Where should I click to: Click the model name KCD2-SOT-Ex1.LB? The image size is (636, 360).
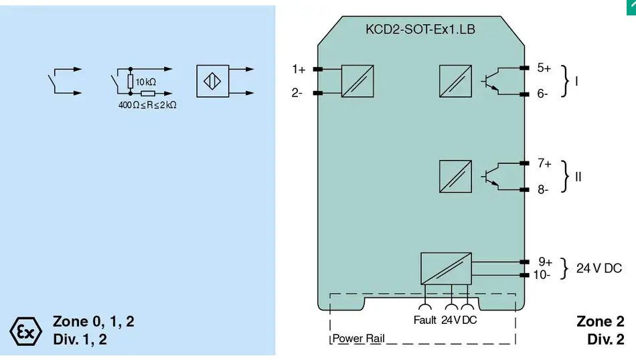tap(420, 29)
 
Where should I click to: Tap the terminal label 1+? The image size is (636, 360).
tap(299, 70)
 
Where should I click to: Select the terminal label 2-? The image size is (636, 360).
tap(297, 93)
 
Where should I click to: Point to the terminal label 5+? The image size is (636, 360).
tap(544, 68)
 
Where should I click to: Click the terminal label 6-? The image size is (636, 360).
tap(542, 94)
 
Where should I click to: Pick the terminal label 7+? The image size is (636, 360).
tap(544, 163)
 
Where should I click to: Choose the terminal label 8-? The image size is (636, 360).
tap(543, 189)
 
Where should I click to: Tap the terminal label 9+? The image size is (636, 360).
tap(545, 262)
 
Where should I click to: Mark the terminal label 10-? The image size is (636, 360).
tap(542, 275)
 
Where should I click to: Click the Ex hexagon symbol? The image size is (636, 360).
tap(25, 331)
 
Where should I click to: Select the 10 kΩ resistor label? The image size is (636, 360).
tap(146, 82)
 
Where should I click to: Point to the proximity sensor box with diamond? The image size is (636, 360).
tap(212, 81)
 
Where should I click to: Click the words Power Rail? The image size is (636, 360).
tap(359, 339)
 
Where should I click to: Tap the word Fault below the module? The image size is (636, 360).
tap(424, 321)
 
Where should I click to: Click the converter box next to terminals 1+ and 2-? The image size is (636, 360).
tap(357, 81)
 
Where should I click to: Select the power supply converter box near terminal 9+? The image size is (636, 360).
tap(446, 268)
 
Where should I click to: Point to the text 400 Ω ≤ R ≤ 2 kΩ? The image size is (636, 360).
tap(147, 105)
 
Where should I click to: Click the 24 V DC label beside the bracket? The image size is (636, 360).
tap(599, 268)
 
